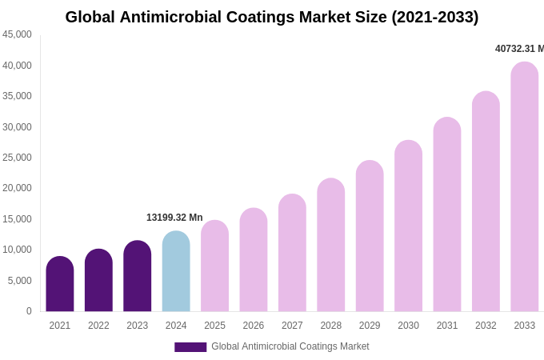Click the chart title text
tap(272, 17)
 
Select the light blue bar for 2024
tap(176, 272)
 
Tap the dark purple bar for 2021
tap(60, 285)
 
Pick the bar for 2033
tap(525, 188)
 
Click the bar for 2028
tap(331, 246)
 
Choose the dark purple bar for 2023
tap(138, 277)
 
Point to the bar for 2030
tap(408, 226)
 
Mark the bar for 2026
tap(254, 261)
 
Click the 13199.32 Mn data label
tap(174, 218)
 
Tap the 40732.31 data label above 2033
tap(518, 49)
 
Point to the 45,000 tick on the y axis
tap(17, 34)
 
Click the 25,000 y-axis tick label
tap(17, 158)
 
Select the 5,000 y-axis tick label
tap(20, 281)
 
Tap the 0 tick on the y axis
tap(29, 311)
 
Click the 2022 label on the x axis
tap(98, 326)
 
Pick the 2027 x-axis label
tap(292, 326)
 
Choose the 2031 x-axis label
tap(447, 326)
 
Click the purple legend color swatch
tap(190, 347)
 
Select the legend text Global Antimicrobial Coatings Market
tap(290, 346)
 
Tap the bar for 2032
tap(486, 202)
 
